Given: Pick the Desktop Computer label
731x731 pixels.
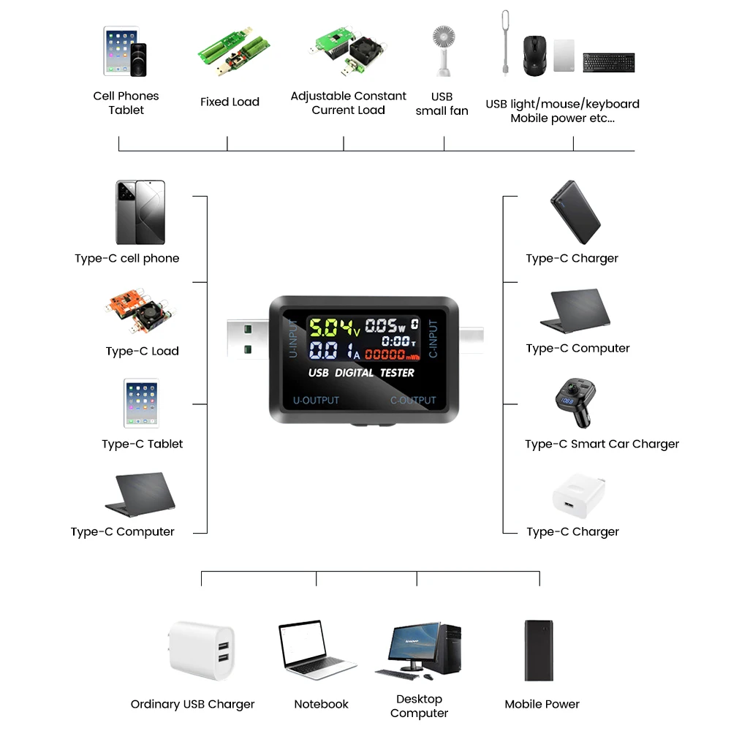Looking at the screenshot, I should (x=419, y=706).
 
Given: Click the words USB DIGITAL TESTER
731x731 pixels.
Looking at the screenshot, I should (x=361, y=373).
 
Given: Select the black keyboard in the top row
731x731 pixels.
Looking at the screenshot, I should (x=608, y=62).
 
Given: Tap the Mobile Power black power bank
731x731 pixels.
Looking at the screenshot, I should (x=538, y=651).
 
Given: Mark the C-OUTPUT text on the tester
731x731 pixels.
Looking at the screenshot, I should (x=412, y=401).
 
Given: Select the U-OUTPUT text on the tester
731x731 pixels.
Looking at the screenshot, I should (x=316, y=401).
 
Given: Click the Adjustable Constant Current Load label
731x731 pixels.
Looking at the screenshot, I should (x=348, y=103).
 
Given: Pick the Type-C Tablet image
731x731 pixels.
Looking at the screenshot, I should (x=141, y=403).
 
